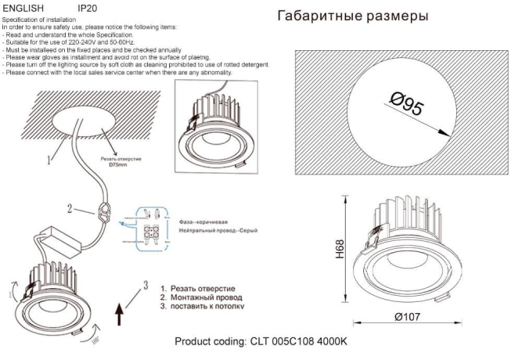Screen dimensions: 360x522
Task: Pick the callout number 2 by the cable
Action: (70, 209)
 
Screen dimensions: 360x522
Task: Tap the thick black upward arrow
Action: (119, 315)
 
